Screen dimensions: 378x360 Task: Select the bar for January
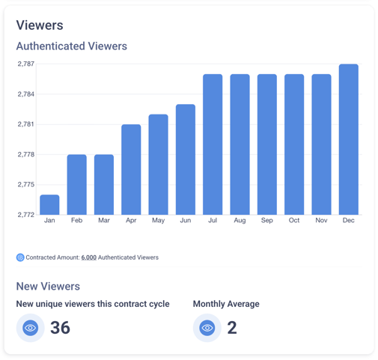point(49,204)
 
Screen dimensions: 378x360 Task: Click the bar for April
point(131,169)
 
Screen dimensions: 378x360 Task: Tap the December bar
point(349,139)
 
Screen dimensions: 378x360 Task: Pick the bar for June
point(186,159)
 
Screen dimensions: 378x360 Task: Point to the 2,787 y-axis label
point(26,64)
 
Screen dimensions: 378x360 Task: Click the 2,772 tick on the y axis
point(26,215)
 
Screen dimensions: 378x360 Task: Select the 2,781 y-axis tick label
point(26,124)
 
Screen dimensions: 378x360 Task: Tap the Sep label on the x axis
point(267,220)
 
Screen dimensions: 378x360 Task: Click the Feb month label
point(76,220)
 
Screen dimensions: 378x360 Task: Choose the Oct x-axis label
point(294,220)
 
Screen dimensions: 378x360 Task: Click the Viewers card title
point(40,25)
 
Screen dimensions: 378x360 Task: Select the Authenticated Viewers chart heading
point(72,46)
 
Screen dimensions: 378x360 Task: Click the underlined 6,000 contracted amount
point(89,257)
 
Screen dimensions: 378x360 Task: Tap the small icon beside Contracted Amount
point(20,257)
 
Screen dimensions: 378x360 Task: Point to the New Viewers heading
point(48,287)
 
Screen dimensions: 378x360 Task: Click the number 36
point(60,328)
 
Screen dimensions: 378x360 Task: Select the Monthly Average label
point(226,304)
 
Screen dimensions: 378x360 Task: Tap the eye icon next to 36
point(31,328)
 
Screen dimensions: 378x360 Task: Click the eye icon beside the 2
point(207,328)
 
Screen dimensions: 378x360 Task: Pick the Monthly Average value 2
point(232,328)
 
